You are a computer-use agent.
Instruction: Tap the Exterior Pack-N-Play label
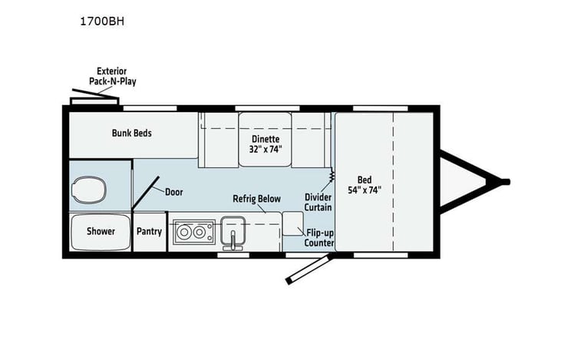117,75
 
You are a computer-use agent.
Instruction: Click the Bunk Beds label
131,133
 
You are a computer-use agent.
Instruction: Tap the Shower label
100,231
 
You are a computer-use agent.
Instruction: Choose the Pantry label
149,231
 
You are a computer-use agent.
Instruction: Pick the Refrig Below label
256,199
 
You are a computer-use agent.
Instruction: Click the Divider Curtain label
318,201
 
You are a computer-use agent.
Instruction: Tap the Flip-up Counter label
319,237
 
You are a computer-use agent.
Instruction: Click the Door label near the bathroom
173,191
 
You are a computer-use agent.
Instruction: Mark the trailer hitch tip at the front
506,181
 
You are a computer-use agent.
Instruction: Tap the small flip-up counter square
292,223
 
